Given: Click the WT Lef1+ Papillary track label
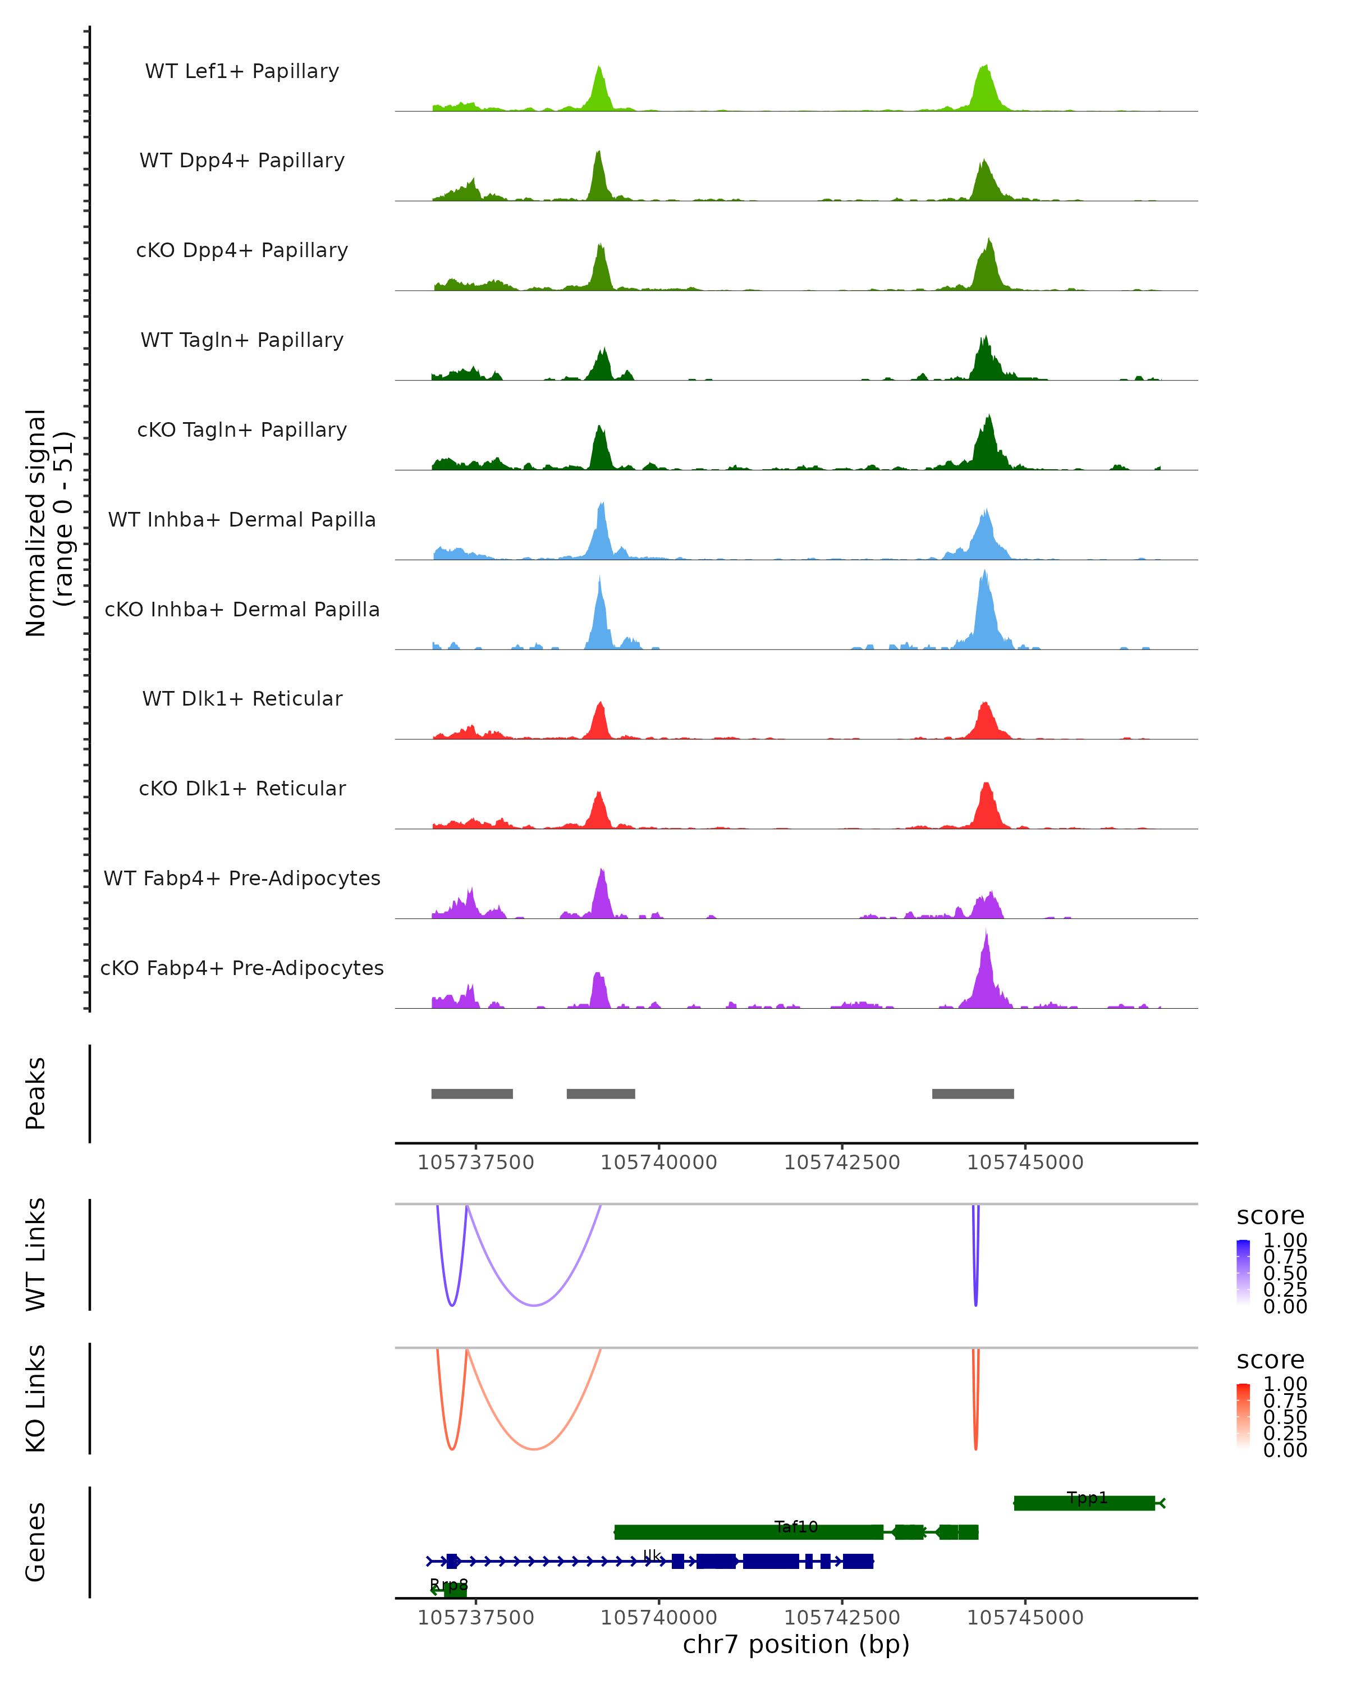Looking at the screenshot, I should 242,71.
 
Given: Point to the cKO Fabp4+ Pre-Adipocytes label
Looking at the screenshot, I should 242,968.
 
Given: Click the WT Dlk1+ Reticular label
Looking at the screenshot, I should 242,698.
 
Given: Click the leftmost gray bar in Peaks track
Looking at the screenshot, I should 471,1093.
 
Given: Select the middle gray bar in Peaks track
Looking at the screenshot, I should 601,1093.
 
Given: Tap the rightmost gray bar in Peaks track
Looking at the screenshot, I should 973,1093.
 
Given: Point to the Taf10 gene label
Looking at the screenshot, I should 796,1526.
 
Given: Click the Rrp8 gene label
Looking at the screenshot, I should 449,1585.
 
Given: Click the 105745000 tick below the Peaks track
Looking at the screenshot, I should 1025,1163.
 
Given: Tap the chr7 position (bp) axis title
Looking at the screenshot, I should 796,1644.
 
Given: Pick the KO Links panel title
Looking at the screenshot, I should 36,1398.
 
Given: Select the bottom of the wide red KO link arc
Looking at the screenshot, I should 533,1449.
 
